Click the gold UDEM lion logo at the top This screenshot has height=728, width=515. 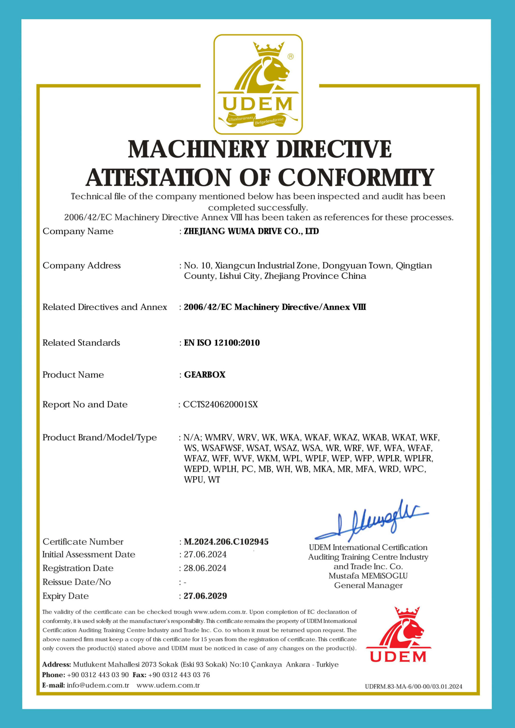pos(258,84)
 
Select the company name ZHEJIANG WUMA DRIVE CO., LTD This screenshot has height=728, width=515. pos(251,231)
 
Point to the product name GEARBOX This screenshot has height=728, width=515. pos(204,375)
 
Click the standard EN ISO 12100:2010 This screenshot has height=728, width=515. pos(222,342)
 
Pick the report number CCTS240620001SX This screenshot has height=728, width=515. pos(220,404)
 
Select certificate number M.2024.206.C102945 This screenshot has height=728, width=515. pos(226,541)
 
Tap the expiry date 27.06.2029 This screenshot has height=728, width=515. pos(205,596)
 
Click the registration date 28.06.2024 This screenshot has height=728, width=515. pos(205,568)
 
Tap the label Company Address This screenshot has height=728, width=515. pos(82,265)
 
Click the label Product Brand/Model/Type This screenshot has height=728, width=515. pos(100,437)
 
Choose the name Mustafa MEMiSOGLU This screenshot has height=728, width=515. pos(368,576)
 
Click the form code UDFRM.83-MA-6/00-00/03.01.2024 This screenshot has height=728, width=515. pos(413,686)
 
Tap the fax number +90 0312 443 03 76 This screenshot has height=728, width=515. pos(179,675)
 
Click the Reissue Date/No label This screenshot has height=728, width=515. pos(76,582)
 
